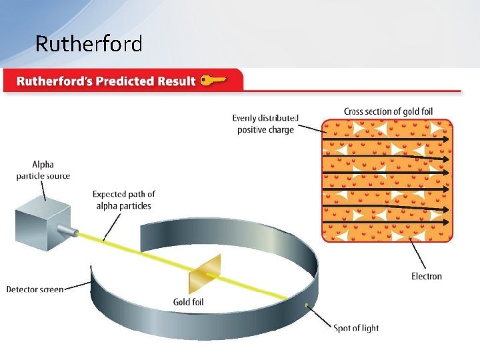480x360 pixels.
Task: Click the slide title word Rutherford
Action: point(89,44)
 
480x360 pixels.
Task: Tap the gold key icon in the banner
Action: point(213,81)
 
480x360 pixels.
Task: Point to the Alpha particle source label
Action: point(43,170)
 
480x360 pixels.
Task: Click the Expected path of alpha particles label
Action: point(123,200)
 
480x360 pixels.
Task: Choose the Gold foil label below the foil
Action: point(189,302)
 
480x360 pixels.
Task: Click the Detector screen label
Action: point(35,289)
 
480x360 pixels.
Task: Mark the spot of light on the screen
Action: point(307,305)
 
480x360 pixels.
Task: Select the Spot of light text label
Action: point(356,328)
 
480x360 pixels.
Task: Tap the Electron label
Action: point(426,276)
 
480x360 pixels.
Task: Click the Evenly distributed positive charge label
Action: point(265,124)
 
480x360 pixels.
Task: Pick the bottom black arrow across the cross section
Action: point(387,221)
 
